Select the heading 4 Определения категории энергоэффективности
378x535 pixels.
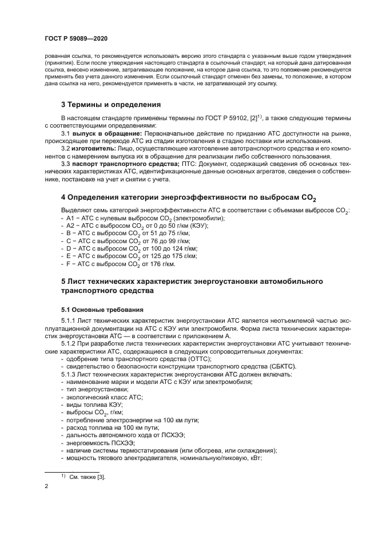click(189, 197)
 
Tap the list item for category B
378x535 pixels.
click(124, 234)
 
